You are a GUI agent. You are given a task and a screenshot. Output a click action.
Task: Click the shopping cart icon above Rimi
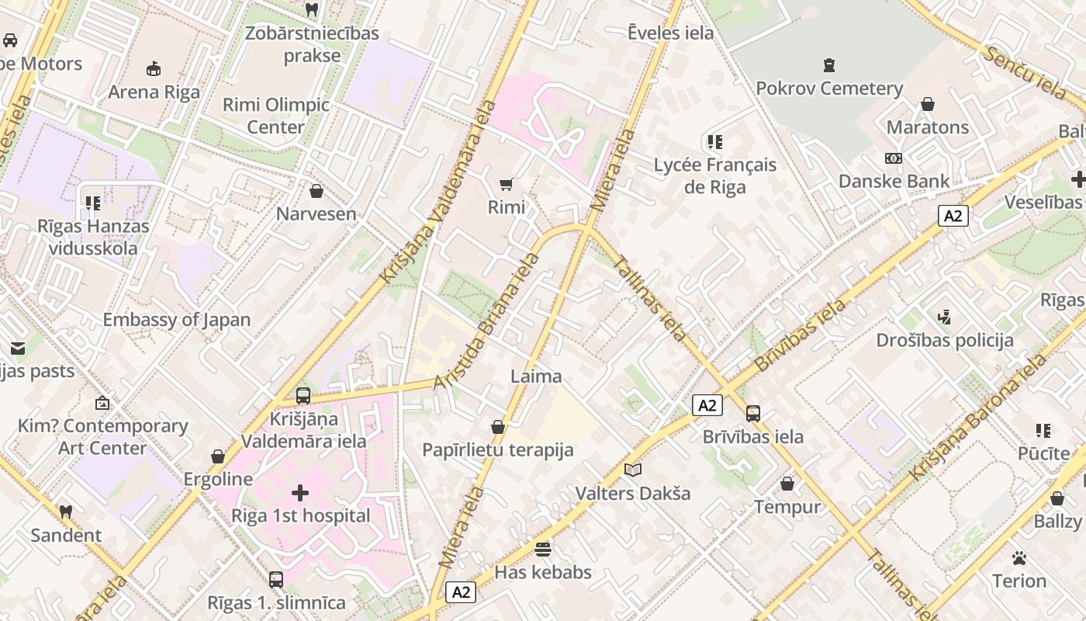(x=507, y=184)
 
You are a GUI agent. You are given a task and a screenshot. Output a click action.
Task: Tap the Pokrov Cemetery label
(x=829, y=88)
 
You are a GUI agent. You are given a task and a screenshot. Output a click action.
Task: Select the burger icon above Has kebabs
(x=543, y=550)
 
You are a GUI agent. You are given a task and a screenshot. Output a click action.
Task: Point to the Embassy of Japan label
(x=177, y=320)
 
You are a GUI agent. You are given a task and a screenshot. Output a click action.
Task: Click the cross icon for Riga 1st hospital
(x=300, y=493)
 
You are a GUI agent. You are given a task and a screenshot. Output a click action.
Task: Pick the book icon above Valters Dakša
(x=633, y=470)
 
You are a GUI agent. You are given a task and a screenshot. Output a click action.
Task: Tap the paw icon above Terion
(x=1019, y=558)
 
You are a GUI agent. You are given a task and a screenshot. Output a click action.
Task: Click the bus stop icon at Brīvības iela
(x=752, y=414)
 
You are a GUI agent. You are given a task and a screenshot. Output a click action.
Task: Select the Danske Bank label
(x=894, y=182)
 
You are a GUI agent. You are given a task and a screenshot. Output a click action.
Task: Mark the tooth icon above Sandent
(x=66, y=512)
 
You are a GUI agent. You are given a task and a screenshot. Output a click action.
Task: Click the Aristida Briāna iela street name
(x=486, y=321)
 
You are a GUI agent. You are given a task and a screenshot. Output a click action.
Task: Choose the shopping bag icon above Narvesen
(x=316, y=190)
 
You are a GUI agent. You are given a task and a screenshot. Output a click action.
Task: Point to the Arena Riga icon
(x=154, y=68)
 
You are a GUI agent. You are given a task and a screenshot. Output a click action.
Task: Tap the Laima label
(x=536, y=376)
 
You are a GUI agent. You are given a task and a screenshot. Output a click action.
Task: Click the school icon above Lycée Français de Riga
(x=714, y=142)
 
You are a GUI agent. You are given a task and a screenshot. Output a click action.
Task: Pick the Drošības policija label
(x=945, y=340)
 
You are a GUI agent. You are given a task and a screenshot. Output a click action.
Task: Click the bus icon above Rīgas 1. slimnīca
(x=276, y=579)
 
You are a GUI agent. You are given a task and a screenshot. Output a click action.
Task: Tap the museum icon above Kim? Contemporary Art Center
(x=102, y=403)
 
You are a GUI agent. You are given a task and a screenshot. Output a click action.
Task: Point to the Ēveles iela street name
(x=670, y=33)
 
